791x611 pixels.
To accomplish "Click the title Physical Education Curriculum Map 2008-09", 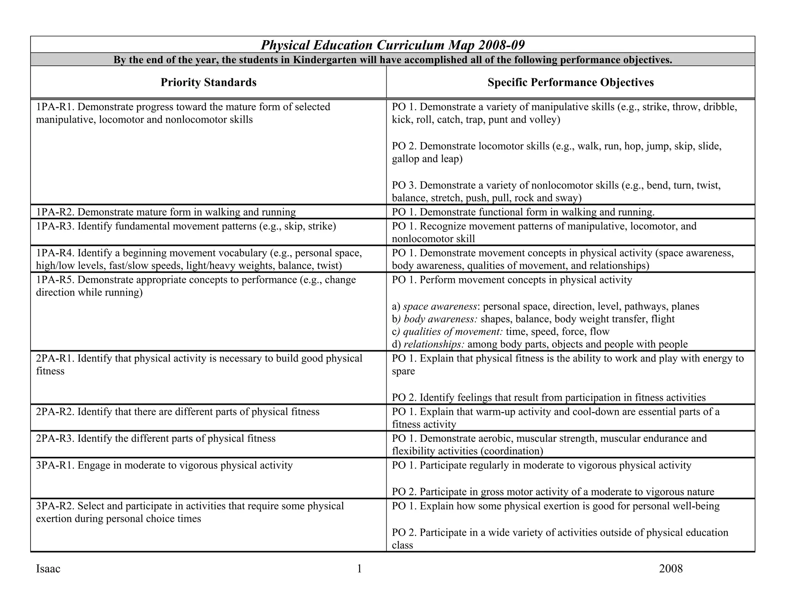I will [392, 45].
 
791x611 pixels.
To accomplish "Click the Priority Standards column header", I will [208, 82].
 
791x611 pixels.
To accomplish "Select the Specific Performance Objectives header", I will [570, 82].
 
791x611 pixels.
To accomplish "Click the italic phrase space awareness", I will [440, 307].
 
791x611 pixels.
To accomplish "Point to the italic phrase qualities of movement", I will [452, 332].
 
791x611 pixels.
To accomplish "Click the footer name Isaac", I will [48, 569].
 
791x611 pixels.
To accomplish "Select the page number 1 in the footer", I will [359, 569].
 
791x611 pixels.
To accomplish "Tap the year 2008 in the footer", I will [670, 569].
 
